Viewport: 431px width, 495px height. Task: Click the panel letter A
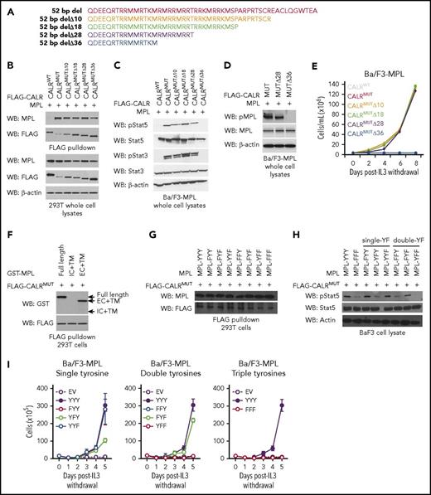(x=8, y=7)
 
